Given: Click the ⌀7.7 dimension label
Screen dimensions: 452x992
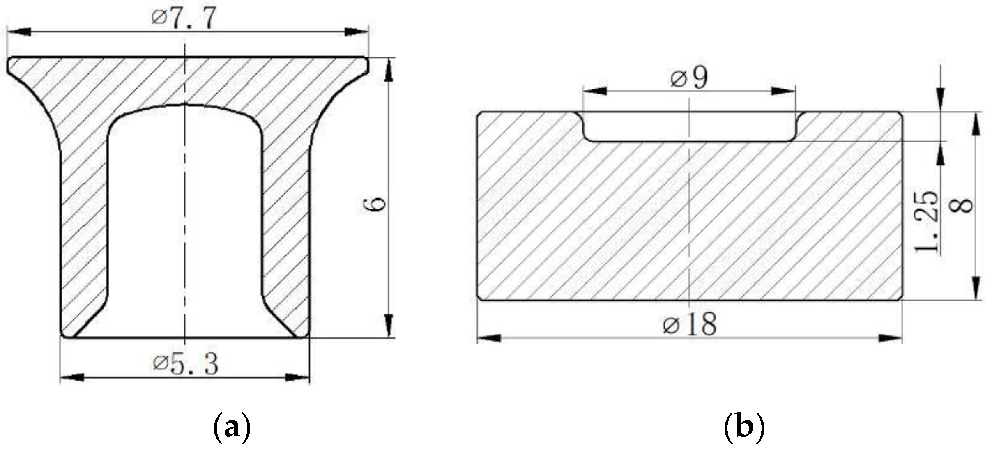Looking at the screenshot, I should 184,19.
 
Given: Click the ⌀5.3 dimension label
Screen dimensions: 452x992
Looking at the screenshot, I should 186,364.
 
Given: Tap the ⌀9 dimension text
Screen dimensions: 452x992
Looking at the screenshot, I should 689,78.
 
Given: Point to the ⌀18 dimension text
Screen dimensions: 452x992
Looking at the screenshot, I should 690,324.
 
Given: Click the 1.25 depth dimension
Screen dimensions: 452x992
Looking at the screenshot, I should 927,222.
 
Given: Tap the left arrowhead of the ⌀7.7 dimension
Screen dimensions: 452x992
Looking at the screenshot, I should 18,32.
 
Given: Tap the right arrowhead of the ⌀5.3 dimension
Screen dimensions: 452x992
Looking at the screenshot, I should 297,377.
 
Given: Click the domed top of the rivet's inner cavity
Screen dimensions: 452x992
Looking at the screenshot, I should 185,106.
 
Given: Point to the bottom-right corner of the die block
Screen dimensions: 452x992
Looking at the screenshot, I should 901,299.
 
